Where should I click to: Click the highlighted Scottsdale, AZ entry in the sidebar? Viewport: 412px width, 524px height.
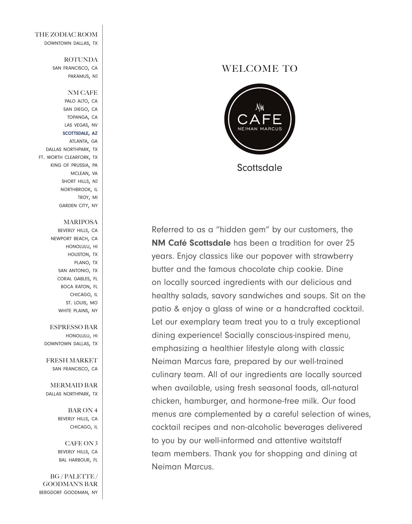click(80, 133)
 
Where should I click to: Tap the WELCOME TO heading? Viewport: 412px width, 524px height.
click(259, 68)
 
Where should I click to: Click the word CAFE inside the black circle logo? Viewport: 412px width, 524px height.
click(259, 119)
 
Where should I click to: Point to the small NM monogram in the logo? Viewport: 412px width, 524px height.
click(260, 107)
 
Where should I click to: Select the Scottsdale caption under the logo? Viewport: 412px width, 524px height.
click(259, 168)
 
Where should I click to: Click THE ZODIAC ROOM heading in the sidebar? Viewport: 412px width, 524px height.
click(66, 35)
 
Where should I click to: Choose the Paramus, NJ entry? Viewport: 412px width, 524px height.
click(83, 76)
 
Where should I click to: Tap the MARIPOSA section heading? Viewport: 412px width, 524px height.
click(81, 222)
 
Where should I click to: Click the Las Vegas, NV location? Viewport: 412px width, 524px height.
click(81, 125)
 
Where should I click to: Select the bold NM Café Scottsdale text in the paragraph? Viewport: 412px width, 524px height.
click(191, 243)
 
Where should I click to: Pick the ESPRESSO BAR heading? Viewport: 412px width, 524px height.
click(74, 327)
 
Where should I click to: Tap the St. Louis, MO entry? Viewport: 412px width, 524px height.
click(82, 303)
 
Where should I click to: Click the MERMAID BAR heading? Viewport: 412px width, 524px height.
click(74, 385)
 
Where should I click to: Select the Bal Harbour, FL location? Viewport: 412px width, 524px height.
click(78, 460)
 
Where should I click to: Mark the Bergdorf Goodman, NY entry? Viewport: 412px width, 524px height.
click(68, 492)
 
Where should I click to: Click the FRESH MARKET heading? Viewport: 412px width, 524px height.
click(72, 360)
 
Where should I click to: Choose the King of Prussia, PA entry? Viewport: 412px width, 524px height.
click(74, 165)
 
